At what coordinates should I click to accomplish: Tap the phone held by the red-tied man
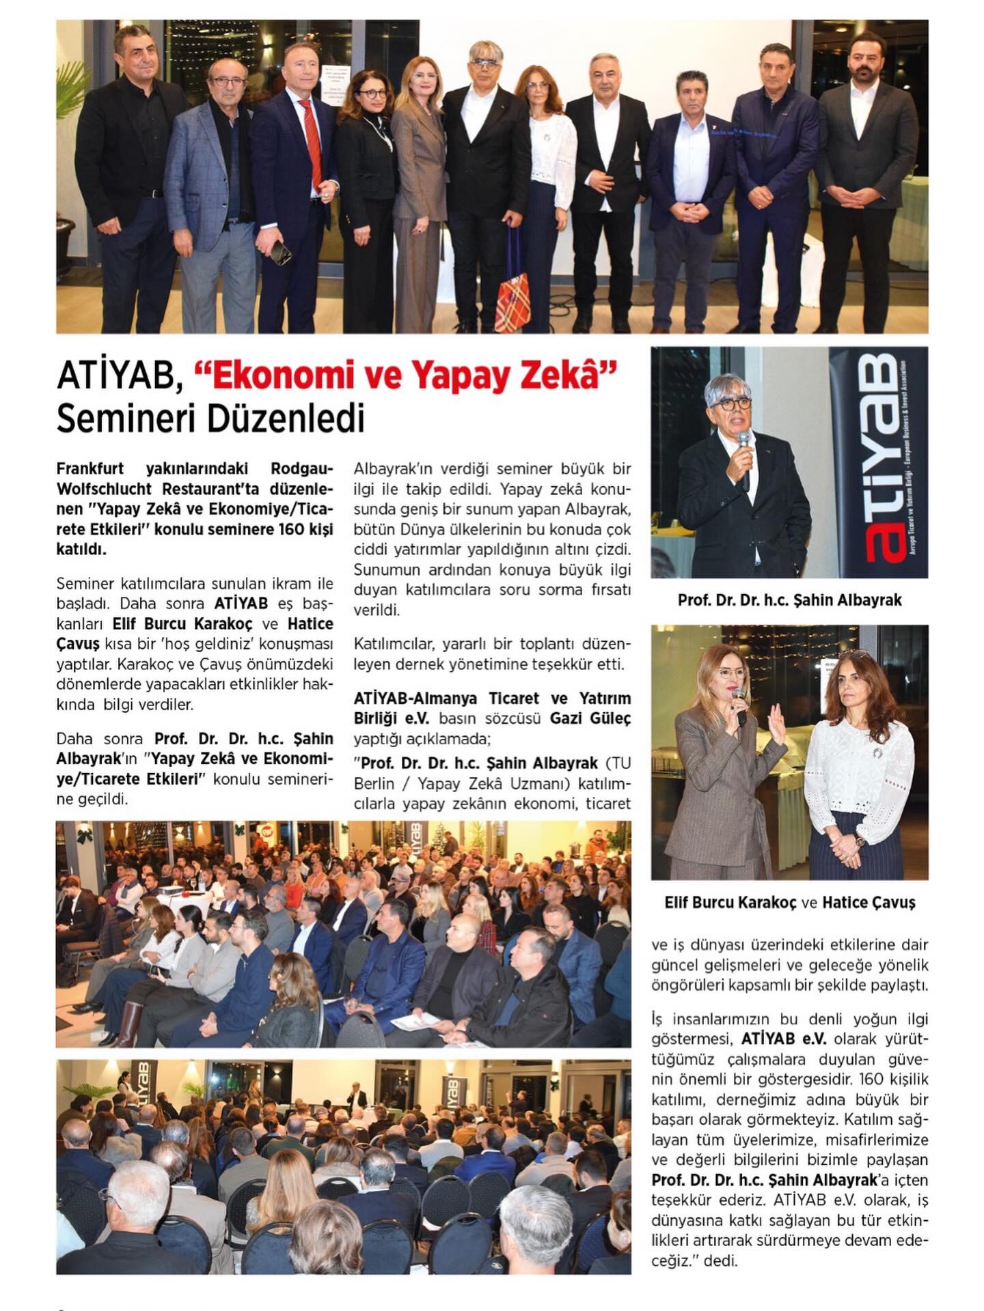tap(280, 253)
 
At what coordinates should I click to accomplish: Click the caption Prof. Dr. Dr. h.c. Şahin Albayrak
tap(789, 600)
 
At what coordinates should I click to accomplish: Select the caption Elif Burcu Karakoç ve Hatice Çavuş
tap(789, 902)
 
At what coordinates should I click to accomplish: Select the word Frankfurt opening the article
tap(90, 469)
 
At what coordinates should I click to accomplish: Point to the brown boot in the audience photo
tap(130, 1024)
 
